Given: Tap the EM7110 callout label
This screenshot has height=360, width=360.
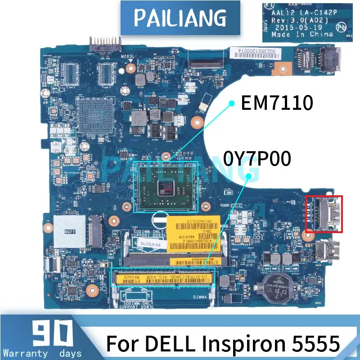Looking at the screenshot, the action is tap(277, 103).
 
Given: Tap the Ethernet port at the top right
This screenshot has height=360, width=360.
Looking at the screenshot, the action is tap(317, 58).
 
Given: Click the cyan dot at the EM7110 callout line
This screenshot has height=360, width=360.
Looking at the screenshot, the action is tap(232, 103).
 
